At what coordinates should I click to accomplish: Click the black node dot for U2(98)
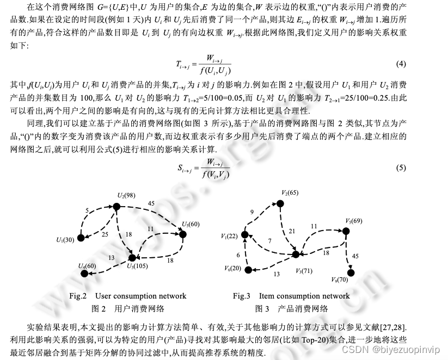116,206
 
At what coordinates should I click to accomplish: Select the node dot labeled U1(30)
80,238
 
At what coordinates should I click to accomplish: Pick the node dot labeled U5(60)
183,234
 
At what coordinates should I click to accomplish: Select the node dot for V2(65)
280,204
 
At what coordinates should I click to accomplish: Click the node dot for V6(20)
248,270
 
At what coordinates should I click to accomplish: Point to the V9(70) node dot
351,272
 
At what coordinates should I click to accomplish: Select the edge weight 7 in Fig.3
269,240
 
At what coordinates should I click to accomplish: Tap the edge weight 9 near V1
251,212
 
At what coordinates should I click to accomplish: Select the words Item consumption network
305,296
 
